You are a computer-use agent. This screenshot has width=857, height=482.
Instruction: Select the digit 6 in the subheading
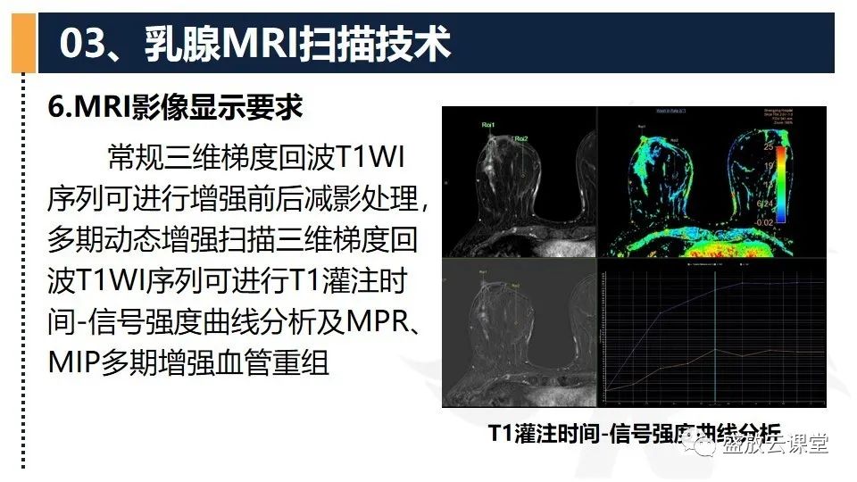[56, 107]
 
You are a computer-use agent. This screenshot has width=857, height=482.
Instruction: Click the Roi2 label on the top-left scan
[520, 138]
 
